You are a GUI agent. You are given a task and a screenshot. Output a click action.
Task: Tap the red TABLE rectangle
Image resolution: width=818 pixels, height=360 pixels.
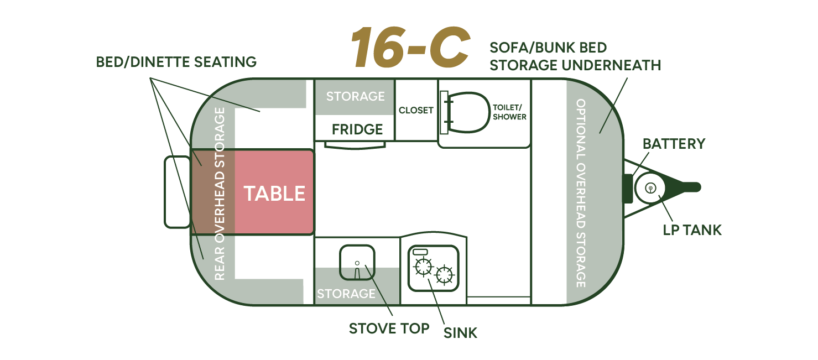[274, 192]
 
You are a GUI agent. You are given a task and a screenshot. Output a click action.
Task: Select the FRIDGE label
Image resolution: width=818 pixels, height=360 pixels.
[357, 129]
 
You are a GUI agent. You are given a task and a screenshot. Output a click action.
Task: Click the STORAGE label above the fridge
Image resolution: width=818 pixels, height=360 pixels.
[355, 96]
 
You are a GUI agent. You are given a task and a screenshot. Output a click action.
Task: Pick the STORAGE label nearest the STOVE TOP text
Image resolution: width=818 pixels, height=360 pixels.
[346, 293]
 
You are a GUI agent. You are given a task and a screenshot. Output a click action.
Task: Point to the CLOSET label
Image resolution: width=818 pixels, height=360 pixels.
[416, 111]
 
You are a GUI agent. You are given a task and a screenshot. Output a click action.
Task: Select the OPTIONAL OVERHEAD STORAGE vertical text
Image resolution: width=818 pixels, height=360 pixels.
[581, 193]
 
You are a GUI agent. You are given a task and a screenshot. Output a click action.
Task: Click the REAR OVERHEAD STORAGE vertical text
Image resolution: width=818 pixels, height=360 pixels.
[220, 194]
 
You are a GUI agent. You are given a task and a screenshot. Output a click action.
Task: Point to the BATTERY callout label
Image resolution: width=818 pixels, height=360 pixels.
[674, 144]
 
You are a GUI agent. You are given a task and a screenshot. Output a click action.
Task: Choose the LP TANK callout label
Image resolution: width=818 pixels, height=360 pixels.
[692, 229]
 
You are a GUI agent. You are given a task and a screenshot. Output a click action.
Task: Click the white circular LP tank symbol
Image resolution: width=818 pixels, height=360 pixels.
[650, 187]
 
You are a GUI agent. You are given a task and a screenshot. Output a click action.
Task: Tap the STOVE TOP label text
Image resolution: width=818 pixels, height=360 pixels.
[389, 328]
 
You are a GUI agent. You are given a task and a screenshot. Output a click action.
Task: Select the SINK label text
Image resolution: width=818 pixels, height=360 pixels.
[460, 332]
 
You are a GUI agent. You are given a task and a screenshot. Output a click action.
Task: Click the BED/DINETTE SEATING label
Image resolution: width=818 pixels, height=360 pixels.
[176, 62]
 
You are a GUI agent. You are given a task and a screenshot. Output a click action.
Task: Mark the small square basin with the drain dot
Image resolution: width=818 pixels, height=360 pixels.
[357, 259]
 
